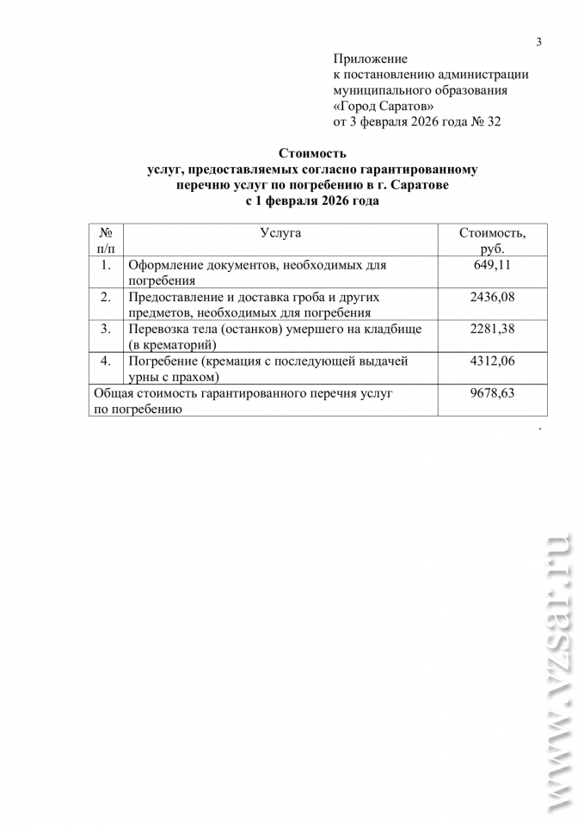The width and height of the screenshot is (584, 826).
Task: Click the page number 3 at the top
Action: pos(539,42)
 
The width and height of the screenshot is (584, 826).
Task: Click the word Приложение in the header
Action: pos(369,59)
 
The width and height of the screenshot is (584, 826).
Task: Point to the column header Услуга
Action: pos(280,232)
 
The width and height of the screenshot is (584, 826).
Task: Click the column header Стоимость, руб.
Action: pos(492,241)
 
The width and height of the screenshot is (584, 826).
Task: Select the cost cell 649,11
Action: pos(492,265)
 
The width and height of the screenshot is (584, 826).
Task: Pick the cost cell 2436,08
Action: pos(492,297)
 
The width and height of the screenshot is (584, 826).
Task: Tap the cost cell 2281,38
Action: pos(492,329)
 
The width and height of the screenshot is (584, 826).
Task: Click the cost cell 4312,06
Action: pos(492,361)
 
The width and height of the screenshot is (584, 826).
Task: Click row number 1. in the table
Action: pos(106,265)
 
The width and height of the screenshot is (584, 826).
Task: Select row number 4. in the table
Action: pos(106,361)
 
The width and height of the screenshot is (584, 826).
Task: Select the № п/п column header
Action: pos(106,241)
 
